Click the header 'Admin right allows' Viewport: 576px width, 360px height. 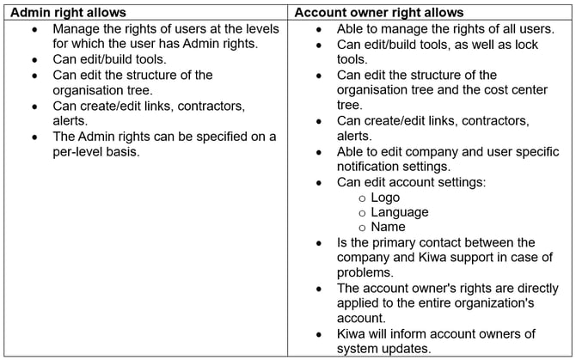pyautogui.click(x=64, y=12)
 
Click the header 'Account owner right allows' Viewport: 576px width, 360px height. pyautogui.click(x=379, y=12)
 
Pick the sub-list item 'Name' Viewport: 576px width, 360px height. pyautogui.click(x=389, y=228)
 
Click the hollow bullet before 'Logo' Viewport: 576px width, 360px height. pyautogui.click(x=363, y=198)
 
